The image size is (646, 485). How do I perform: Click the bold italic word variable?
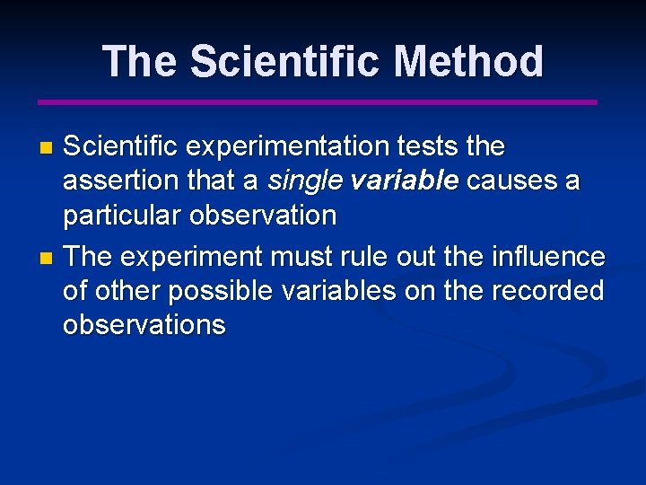click(405, 181)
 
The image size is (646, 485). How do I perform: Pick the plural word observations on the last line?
click(144, 325)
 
